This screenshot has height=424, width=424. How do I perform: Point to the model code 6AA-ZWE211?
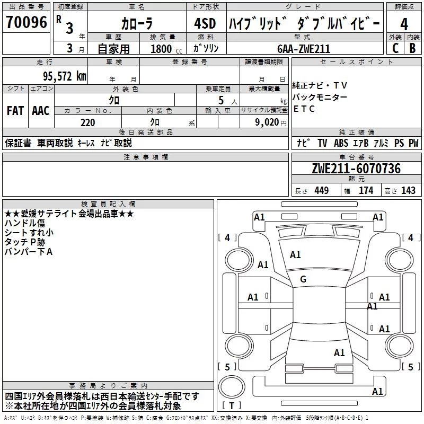[x=304, y=49]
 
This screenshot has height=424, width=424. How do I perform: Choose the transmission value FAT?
[x=15, y=111]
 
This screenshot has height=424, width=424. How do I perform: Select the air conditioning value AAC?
[x=41, y=111]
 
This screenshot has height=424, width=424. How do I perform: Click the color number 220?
[x=88, y=122]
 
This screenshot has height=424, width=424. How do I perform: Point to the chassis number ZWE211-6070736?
[x=356, y=169]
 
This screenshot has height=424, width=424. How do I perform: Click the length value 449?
[x=321, y=191]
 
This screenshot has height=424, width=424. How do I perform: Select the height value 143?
[x=408, y=191]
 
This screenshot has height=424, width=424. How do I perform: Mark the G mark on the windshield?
[x=303, y=279]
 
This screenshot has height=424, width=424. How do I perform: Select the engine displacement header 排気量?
[x=163, y=37]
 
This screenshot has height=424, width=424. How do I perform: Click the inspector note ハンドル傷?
[x=25, y=224]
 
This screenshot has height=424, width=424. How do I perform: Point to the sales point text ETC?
[x=304, y=109]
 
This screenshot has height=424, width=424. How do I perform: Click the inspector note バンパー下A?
[x=29, y=251]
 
